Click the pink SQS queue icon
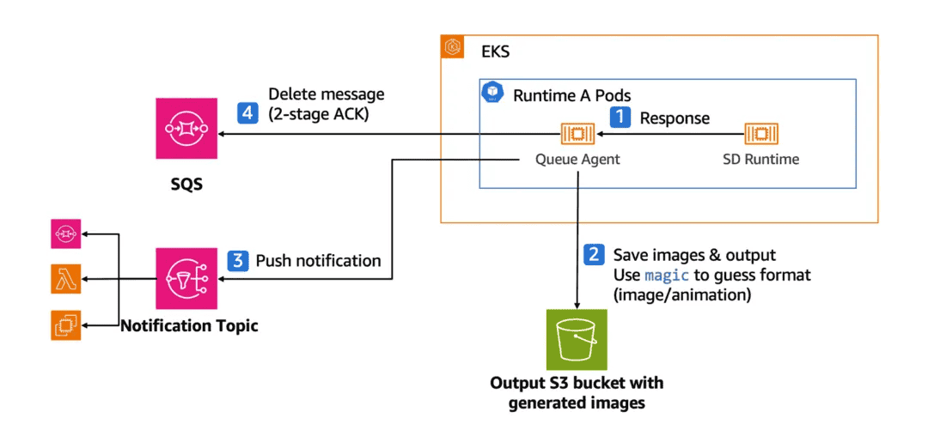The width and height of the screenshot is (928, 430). (186, 128)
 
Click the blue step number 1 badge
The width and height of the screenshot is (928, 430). (620, 117)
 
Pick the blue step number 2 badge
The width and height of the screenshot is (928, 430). (593, 254)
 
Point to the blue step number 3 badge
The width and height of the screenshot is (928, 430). (237, 259)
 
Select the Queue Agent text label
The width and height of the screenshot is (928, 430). (578, 159)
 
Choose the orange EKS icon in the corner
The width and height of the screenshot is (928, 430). (453, 48)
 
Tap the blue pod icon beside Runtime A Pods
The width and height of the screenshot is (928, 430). (493, 92)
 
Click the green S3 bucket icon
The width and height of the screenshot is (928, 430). (577, 341)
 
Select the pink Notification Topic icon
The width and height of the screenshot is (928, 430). (186, 278)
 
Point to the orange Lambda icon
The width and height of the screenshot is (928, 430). (65, 278)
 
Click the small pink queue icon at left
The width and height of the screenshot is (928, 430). (65, 232)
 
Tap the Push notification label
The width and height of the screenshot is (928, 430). (318, 259)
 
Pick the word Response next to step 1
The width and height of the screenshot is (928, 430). (675, 118)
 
